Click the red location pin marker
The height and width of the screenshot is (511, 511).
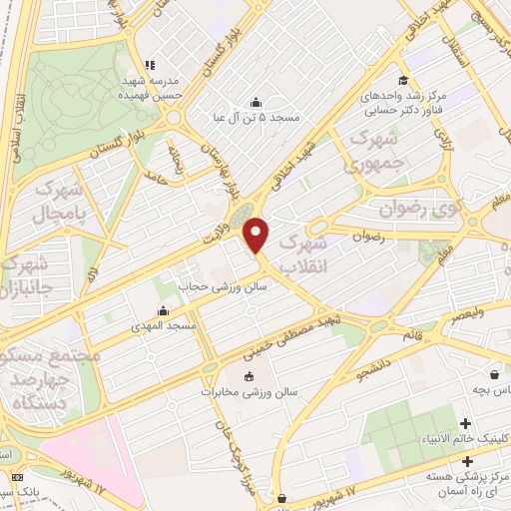click(257, 236)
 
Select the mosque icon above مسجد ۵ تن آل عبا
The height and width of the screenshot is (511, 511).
click(256, 103)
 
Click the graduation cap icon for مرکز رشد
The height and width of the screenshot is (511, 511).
click(401, 81)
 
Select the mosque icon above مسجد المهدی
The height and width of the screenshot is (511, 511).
click(163, 311)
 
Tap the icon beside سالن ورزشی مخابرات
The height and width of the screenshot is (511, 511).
click(249, 377)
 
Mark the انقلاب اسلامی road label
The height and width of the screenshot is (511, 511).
click(17, 110)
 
